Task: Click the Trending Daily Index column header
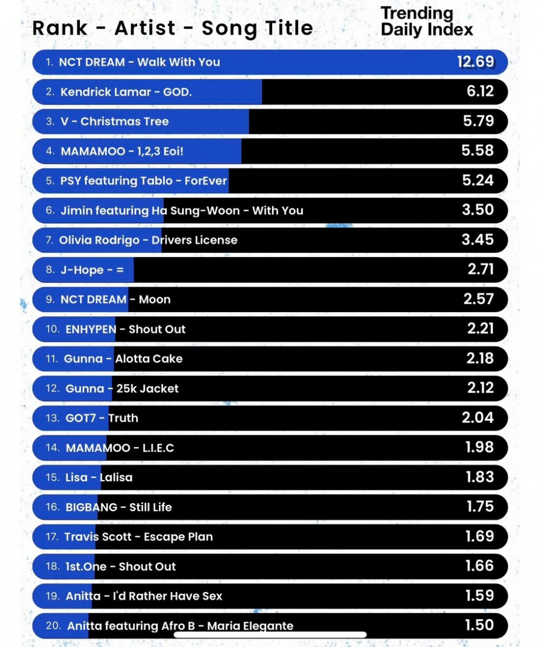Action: [427, 22]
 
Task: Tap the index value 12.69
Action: [475, 62]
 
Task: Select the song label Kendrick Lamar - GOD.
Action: [126, 92]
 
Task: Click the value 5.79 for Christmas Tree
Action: [478, 121]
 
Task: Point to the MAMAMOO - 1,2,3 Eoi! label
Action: [122, 151]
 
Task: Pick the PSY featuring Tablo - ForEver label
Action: [144, 180]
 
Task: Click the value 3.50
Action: [478, 210]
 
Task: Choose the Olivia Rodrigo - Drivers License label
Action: [148, 239]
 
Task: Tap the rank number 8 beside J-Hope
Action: [50, 269]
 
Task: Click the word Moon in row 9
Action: [155, 299]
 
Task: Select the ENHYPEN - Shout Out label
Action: [125, 329]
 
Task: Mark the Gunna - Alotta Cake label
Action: [123, 359]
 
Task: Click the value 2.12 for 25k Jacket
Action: [478, 388]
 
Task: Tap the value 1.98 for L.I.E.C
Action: [480, 447]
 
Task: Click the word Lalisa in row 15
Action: [116, 477]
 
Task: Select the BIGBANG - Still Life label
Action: [119, 507]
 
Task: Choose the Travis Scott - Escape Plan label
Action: [138, 537]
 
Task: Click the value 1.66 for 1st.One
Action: [480, 566]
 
